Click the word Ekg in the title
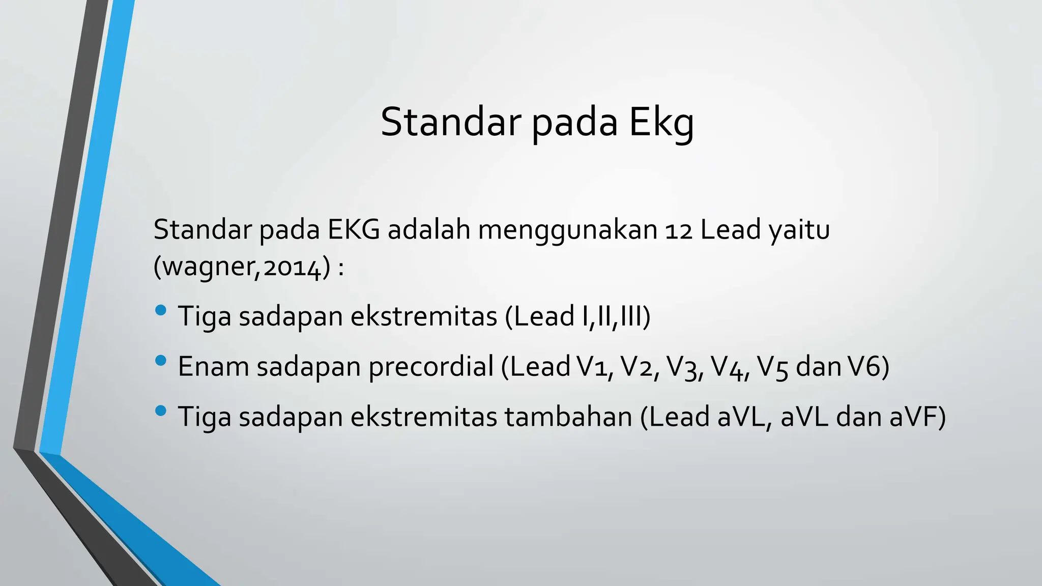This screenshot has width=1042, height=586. pos(661,123)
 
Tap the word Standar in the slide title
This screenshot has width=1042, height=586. pos(450,122)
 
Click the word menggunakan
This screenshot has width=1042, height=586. pos(567,230)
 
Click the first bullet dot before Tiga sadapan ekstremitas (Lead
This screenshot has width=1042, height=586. pos(160,310)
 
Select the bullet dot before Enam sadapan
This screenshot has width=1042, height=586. pos(160,361)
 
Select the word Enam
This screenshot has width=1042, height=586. pos(213,367)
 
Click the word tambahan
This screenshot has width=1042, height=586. pos(568,417)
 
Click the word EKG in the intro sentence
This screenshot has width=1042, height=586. pos(353,230)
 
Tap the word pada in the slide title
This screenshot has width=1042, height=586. pos(574,123)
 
